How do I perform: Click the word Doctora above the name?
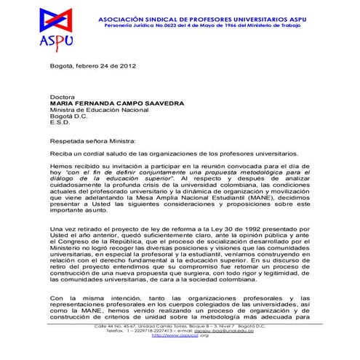pos(63,96)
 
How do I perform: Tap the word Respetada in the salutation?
pos(69,143)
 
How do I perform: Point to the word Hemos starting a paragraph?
pos(63,168)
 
